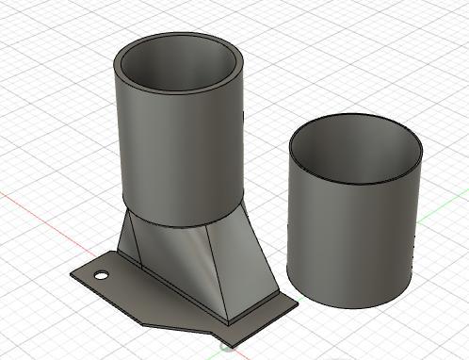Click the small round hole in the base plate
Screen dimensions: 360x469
click(100, 276)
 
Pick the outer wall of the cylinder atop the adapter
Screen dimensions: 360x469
click(179, 160)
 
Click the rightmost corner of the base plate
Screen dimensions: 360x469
click(298, 303)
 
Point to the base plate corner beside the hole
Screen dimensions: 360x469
click(73, 273)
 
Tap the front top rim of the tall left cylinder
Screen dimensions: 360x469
click(179, 91)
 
